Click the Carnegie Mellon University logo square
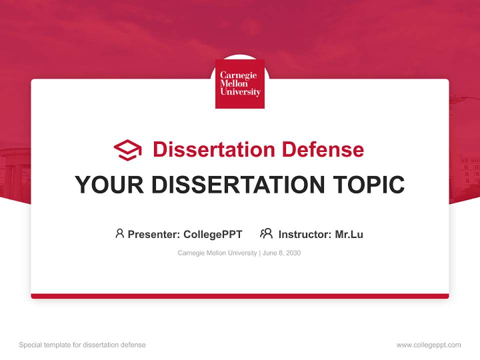[x=240, y=83]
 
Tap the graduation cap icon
[x=127, y=150]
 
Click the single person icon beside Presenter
[x=119, y=233]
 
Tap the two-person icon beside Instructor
[x=266, y=233]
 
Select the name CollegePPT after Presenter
[x=212, y=234]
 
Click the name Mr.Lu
[x=349, y=234]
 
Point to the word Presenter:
[x=154, y=234]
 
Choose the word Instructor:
[x=304, y=234]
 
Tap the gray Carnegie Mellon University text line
[x=217, y=253]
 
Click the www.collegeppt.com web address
[x=428, y=345]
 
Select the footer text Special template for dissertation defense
[x=82, y=345]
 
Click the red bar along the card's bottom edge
[x=240, y=296]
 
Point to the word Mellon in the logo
[x=234, y=83]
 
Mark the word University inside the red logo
[x=240, y=92]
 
